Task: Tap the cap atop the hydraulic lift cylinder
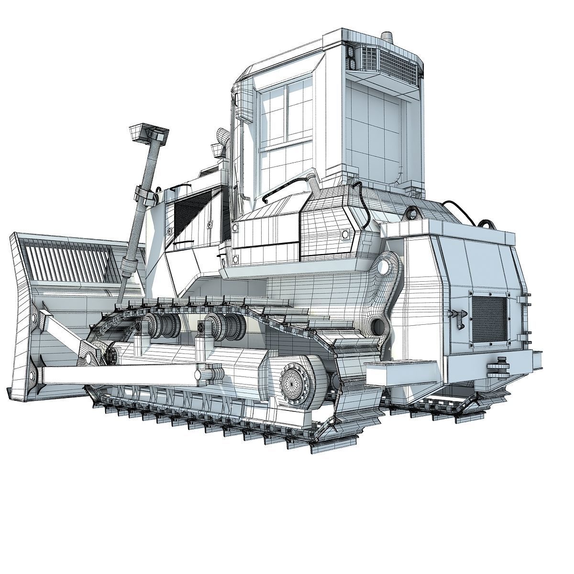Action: tap(149, 132)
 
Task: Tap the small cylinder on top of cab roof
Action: tap(386, 38)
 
